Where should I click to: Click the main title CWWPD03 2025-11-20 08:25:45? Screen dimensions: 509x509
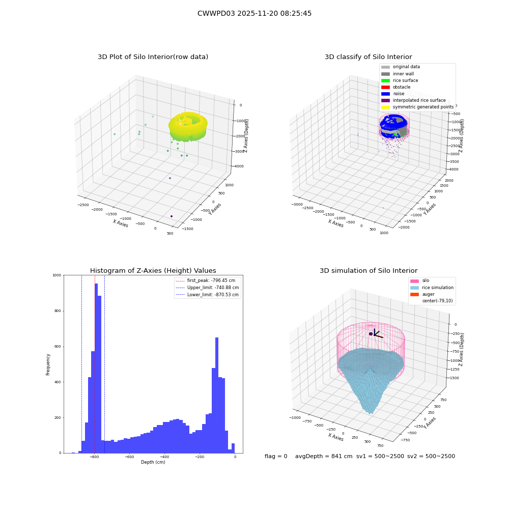point(254,13)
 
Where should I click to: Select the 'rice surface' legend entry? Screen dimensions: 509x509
point(400,80)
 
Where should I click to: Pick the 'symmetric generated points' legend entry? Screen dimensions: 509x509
point(417,107)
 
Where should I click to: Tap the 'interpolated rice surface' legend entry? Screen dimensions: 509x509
point(413,100)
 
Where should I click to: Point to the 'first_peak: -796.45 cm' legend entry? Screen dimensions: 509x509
point(206,280)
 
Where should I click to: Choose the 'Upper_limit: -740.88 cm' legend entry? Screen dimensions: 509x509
point(207,288)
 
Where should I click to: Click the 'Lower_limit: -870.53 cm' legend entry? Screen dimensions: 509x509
point(207,295)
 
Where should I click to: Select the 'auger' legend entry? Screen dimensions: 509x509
point(422,294)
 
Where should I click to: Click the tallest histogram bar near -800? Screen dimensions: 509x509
point(96,368)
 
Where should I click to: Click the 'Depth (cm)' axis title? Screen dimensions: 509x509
point(153,462)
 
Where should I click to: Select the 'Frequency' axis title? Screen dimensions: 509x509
point(48,364)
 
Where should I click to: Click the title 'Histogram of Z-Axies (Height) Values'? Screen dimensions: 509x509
point(153,271)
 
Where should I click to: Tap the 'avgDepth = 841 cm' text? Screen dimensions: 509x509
point(324,456)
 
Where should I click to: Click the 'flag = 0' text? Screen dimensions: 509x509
point(276,456)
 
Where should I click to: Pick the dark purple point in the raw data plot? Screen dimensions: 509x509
point(172,216)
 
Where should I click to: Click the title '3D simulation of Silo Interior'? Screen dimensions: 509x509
point(369,271)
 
